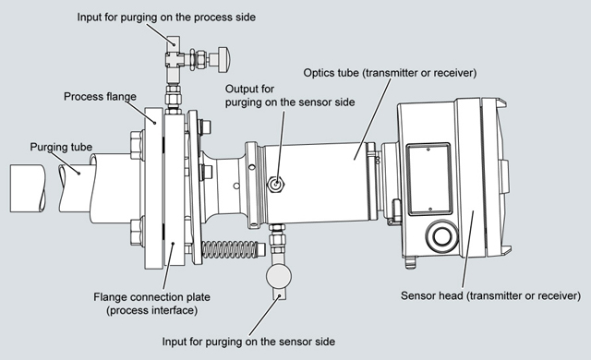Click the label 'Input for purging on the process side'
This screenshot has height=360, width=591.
(166, 18)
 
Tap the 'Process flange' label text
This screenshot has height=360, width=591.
(100, 96)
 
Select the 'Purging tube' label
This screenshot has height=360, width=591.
(61, 147)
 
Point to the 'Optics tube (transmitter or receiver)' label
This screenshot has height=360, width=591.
(390, 73)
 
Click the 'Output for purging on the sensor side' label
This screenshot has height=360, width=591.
(290, 96)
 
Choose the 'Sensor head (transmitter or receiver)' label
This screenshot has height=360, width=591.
(490, 295)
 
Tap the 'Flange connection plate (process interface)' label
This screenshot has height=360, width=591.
(151, 304)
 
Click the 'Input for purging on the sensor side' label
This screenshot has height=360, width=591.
(248, 342)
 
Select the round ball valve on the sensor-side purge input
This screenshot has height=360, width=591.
(279, 276)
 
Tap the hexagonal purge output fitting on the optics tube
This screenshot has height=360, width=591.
(276, 184)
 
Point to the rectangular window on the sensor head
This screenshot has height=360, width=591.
(429, 179)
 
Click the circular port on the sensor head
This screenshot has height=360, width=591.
(441, 236)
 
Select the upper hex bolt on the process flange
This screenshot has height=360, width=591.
(137, 145)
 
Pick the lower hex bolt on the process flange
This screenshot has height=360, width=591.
(137, 232)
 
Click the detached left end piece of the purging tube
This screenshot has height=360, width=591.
(28, 188)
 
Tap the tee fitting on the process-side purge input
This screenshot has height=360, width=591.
(175, 59)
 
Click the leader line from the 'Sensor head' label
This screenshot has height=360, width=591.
(468, 250)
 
